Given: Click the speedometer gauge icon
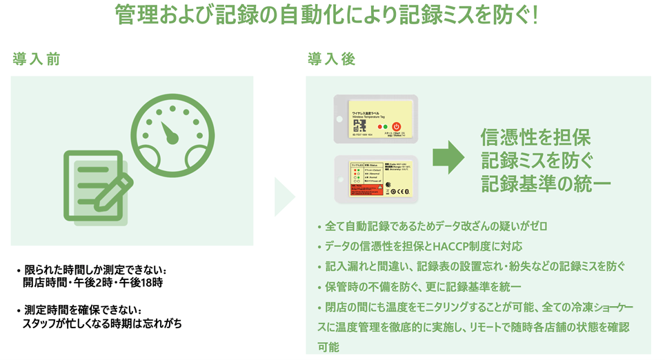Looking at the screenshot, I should tap(168, 134).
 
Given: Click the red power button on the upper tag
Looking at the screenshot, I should tap(397, 126).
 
